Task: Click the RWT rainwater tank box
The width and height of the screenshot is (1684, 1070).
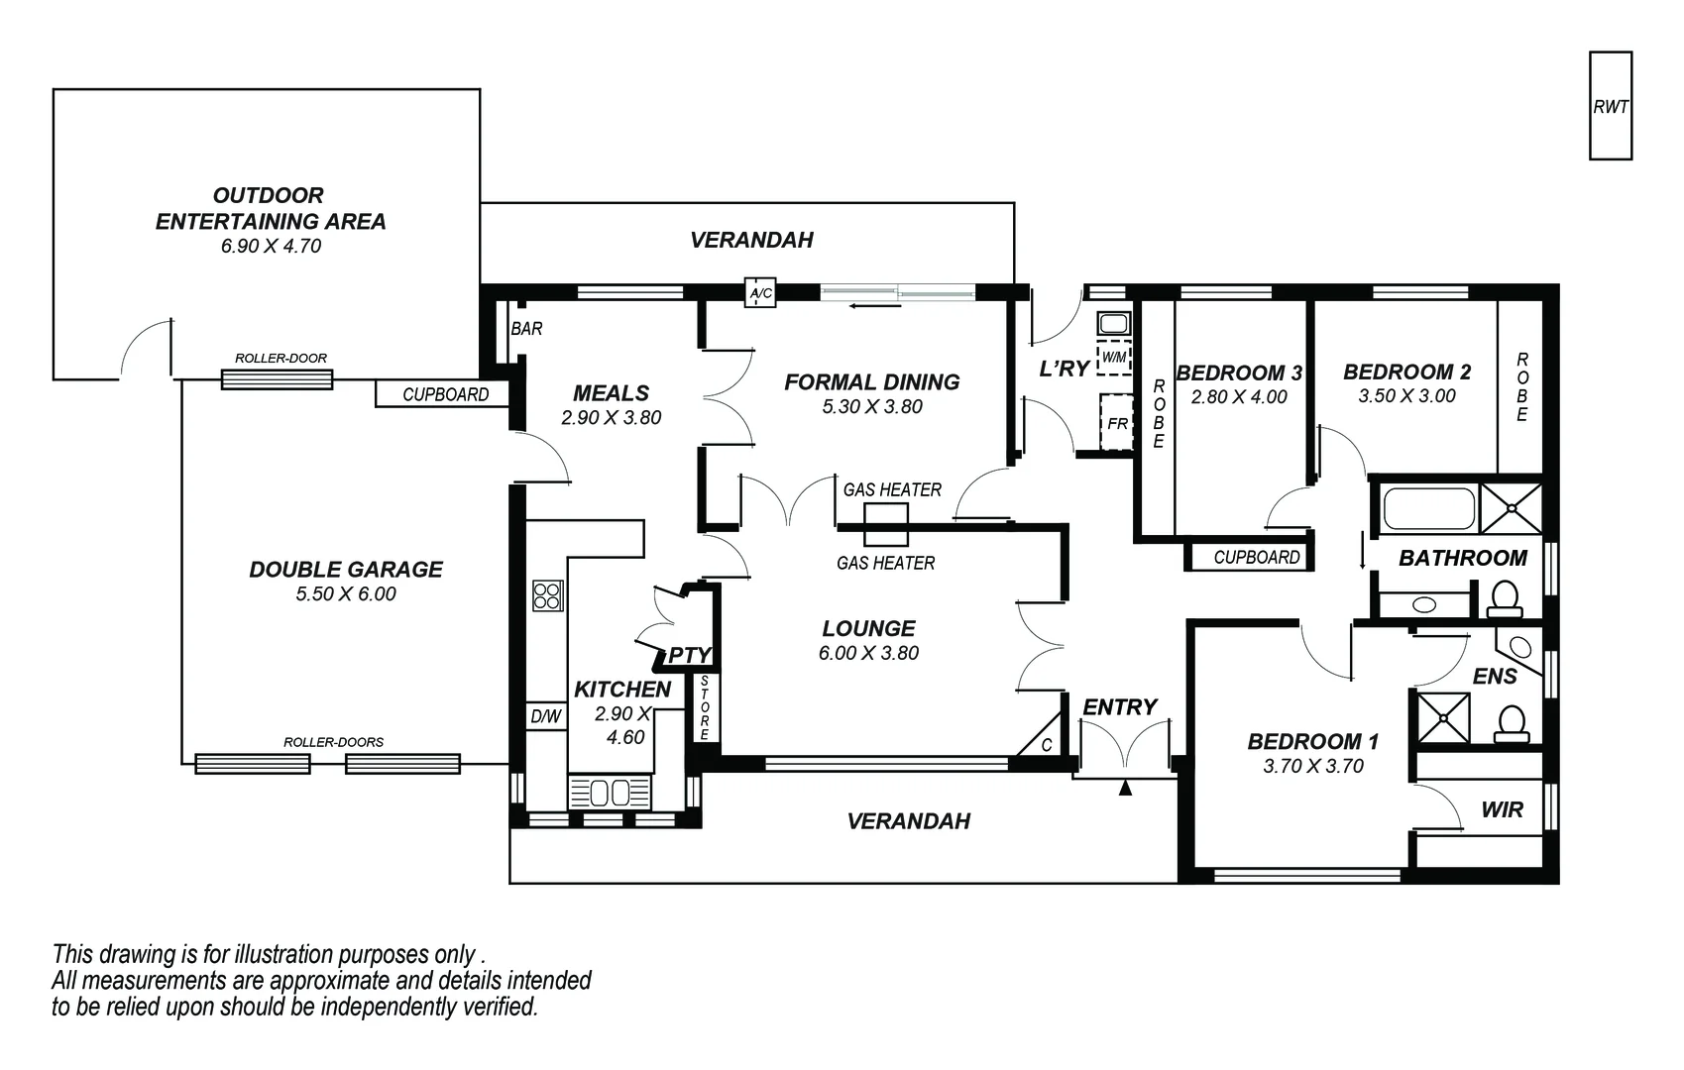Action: tap(1610, 106)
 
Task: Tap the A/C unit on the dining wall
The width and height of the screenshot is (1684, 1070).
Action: tap(760, 293)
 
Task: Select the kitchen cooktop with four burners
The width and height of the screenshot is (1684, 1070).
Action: tap(547, 595)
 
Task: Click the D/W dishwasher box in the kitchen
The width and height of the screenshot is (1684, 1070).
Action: tap(545, 716)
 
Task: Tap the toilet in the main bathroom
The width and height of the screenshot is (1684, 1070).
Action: tap(1505, 598)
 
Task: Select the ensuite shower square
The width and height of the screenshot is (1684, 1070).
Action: tap(1442, 717)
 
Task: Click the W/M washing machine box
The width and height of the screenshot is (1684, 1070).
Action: tap(1114, 357)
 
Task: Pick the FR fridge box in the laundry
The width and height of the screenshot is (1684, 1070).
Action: tap(1116, 423)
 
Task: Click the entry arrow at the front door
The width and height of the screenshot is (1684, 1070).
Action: tap(1125, 789)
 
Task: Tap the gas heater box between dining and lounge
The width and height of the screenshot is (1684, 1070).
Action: tap(886, 524)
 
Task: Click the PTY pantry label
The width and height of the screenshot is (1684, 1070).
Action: tap(690, 655)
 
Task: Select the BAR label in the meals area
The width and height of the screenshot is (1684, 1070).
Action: tap(526, 328)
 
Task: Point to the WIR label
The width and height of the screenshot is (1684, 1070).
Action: tap(1502, 810)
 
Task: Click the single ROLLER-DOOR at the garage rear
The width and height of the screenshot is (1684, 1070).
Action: tap(277, 378)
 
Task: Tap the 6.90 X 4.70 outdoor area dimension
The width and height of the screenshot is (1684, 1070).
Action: tap(271, 246)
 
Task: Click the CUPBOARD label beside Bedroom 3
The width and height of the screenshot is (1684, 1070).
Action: tap(1256, 557)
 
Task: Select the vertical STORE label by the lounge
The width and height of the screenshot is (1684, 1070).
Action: tap(705, 708)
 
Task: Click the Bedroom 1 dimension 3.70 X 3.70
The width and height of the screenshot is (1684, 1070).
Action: tap(1313, 766)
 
